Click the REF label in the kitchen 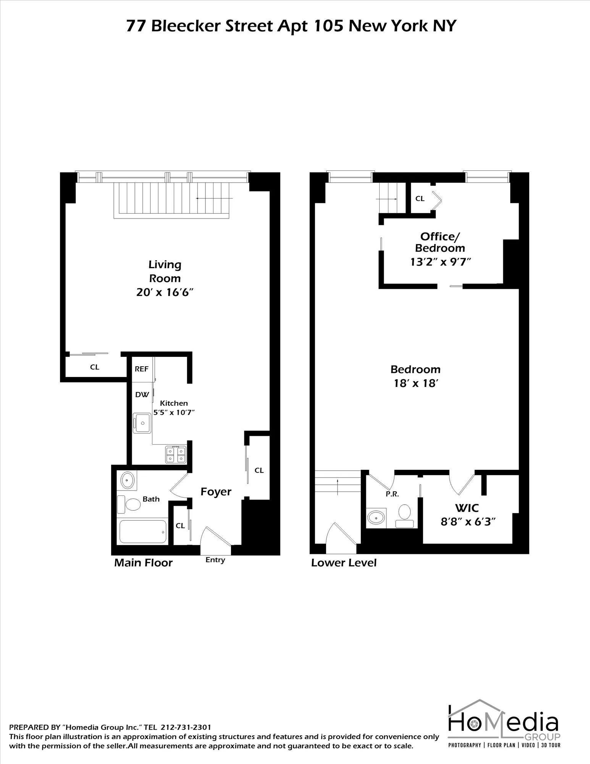click(142, 369)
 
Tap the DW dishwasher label click(142, 395)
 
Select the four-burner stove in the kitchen click(176, 455)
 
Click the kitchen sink click(142, 423)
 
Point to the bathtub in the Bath click(143, 531)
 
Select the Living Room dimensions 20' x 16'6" click(165, 293)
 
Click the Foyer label click(216, 492)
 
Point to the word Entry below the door click(215, 560)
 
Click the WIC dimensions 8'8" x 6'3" click(468, 522)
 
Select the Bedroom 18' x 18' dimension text click(415, 384)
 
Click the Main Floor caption click(144, 563)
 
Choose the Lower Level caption click(344, 563)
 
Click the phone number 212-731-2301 click(186, 728)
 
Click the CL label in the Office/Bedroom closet click(420, 199)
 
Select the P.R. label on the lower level click(392, 494)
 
